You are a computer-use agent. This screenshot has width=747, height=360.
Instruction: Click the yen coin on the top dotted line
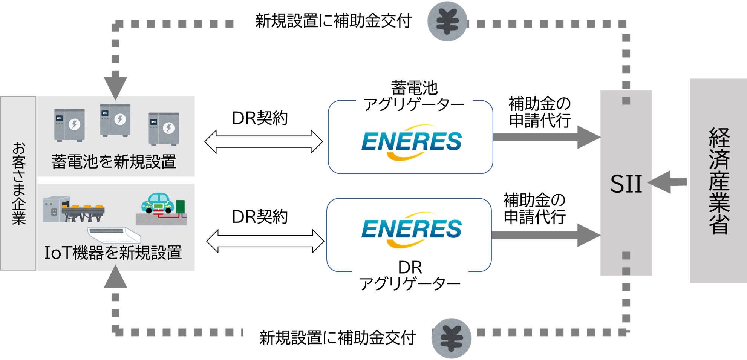(x=447, y=21)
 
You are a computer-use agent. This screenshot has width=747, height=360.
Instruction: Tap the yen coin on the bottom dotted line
(x=452, y=338)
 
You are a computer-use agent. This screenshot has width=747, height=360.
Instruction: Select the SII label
(x=626, y=184)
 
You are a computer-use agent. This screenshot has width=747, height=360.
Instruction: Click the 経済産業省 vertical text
(x=719, y=181)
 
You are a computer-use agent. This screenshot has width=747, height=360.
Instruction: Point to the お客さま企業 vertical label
(x=18, y=183)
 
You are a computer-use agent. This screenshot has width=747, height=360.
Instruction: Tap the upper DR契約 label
(x=260, y=118)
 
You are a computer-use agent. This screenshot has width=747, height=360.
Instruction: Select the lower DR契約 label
(x=260, y=217)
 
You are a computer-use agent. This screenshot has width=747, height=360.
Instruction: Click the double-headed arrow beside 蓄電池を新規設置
(x=263, y=142)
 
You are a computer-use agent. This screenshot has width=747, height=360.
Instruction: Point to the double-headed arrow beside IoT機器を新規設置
(x=265, y=241)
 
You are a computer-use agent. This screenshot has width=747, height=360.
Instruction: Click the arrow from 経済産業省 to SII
(x=667, y=182)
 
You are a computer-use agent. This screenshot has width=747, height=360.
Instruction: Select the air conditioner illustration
(x=114, y=235)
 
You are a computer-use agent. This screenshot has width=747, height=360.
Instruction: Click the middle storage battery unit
(x=115, y=120)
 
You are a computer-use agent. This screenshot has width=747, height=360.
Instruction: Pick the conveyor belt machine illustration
(x=73, y=209)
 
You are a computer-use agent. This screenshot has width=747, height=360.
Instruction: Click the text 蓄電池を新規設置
(x=114, y=161)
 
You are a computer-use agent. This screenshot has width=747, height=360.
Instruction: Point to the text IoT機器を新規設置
(x=113, y=253)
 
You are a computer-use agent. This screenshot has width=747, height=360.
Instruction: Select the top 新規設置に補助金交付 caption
(x=333, y=21)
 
